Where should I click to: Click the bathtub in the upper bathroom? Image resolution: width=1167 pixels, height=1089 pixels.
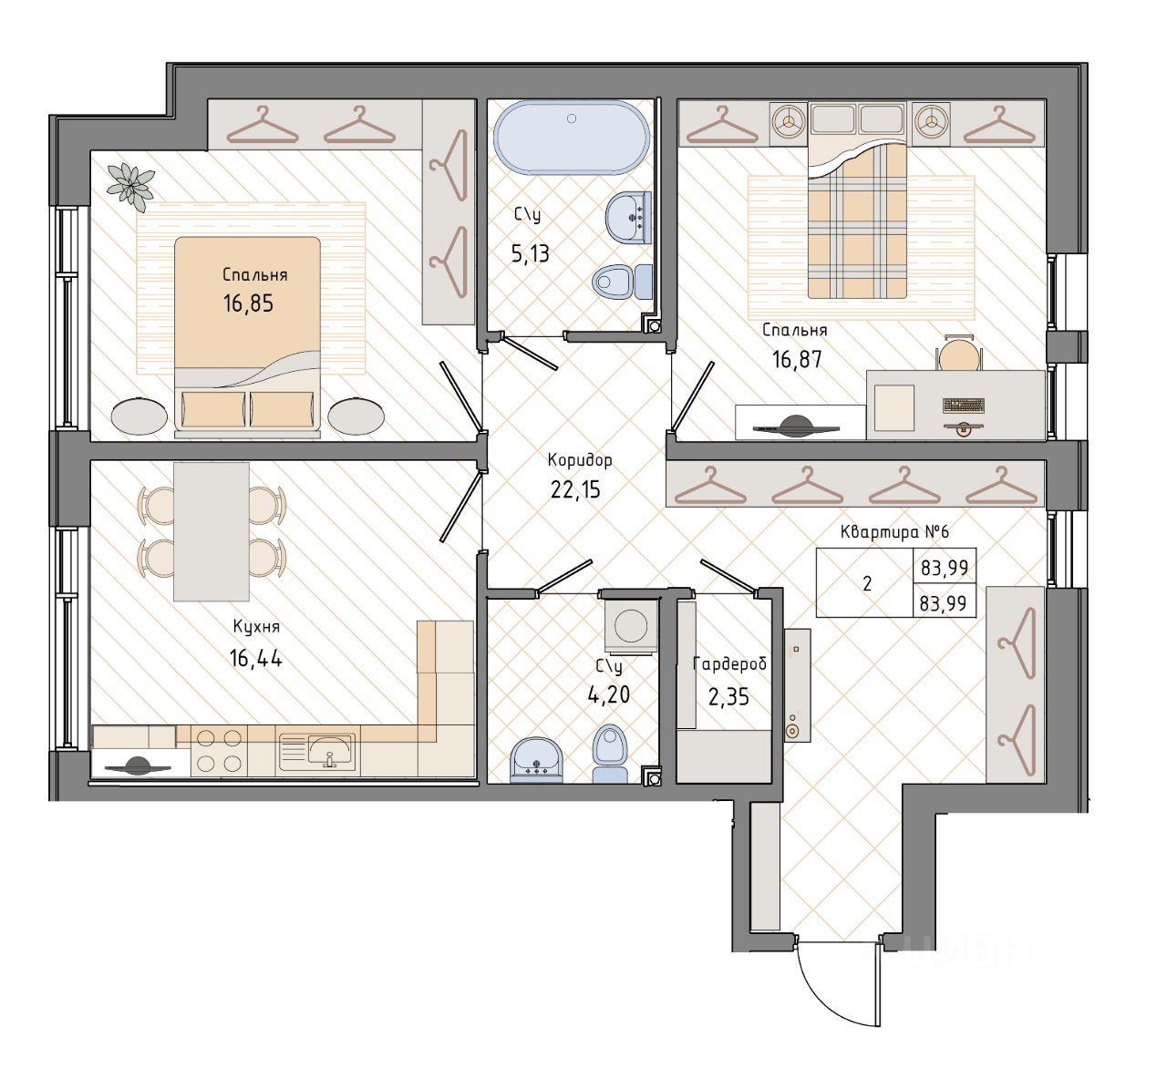[x=572, y=138]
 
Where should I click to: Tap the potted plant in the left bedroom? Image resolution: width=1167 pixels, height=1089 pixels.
[x=130, y=186]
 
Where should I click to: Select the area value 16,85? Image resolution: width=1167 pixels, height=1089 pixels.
[x=248, y=303]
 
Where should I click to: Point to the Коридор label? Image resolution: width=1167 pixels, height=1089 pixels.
[x=579, y=459]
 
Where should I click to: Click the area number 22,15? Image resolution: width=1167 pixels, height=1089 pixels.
[x=575, y=489]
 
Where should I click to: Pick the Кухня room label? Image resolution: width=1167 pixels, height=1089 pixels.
[x=256, y=627]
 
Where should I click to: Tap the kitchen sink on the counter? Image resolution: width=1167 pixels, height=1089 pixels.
[x=316, y=751]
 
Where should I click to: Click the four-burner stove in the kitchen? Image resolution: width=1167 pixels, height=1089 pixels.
[x=219, y=751]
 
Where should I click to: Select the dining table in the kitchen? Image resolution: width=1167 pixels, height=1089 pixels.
[x=211, y=531]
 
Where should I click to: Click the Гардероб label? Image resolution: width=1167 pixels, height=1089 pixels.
[x=729, y=663]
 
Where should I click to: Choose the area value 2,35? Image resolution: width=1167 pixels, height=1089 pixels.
[x=728, y=697]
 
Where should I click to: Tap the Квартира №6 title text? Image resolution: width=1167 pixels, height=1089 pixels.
[x=894, y=532]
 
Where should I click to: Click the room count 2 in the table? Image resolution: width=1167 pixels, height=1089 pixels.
[x=867, y=583]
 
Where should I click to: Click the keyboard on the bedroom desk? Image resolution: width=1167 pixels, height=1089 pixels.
[x=963, y=406]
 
